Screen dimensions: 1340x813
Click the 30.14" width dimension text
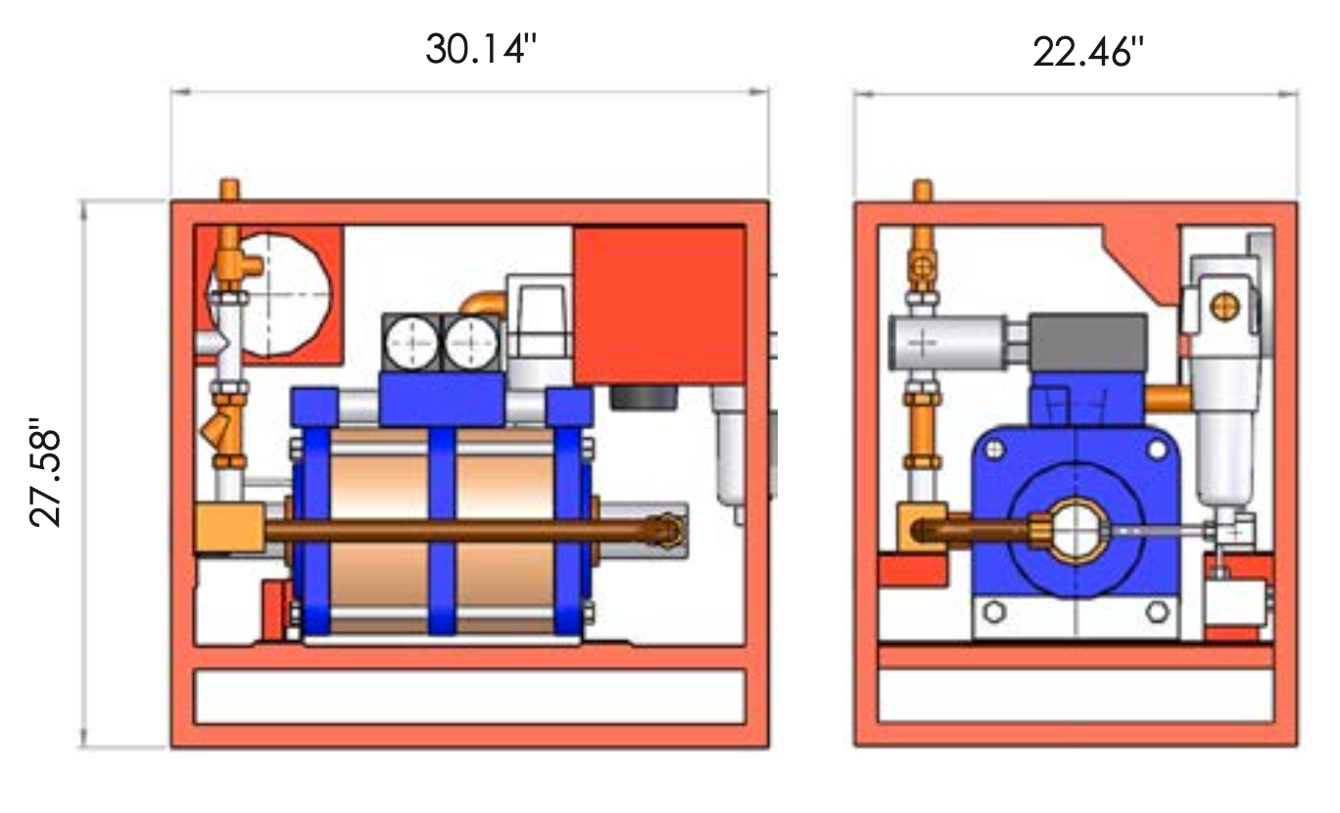481,49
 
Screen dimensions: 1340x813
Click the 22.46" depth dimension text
1088,52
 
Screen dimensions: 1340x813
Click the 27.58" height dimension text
45,472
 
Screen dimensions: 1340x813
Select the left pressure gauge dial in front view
411,344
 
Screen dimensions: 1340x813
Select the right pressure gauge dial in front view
472,343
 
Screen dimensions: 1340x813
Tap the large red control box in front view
660,306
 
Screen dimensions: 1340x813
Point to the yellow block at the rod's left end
230,527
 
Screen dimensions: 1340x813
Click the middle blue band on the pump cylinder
442,530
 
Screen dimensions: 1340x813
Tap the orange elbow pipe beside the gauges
484,302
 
